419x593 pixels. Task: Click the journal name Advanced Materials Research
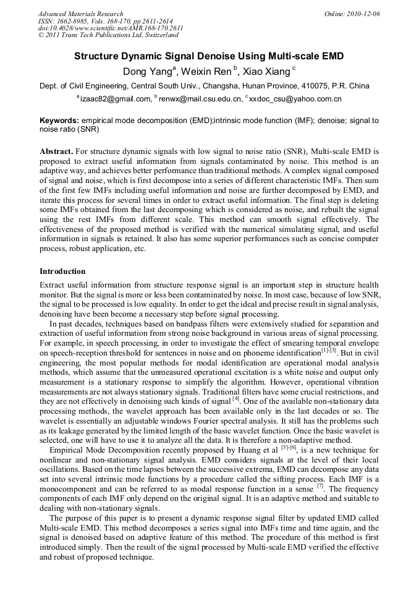(x=81, y=14)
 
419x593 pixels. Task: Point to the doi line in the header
(x=111, y=28)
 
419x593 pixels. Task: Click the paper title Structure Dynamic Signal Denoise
(x=209, y=56)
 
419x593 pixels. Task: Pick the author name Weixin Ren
(x=200, y=72)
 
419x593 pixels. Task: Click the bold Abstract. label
(x=56, y=151)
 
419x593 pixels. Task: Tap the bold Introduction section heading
(x=62, y=271)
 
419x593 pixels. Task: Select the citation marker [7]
(x=320, y=469)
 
